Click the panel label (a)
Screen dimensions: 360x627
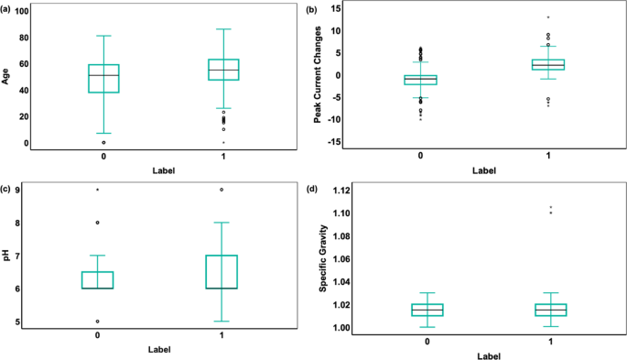[7, 8]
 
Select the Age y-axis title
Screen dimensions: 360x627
[6, 76]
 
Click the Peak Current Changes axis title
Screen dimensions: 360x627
[318, 77]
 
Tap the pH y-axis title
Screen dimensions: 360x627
[6, 255]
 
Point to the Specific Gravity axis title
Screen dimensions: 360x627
[323, 260]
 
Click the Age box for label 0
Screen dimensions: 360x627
[103, 78]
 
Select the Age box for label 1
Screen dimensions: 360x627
[223, 70]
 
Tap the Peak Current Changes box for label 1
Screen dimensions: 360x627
[549, 64]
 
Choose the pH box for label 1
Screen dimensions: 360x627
[222, 272]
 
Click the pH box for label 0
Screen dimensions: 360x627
[98, 279]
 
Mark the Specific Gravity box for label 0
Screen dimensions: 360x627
[427, 310]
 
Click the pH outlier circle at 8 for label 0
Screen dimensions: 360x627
[98, 223]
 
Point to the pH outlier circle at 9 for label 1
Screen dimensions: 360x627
[222, 190]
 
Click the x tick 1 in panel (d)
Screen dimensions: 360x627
[549, 341]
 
